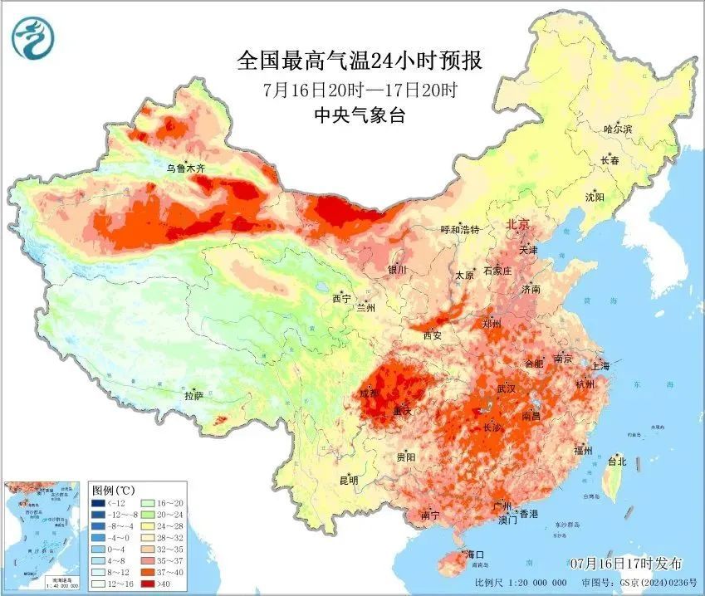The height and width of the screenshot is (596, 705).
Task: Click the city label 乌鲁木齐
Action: tap(185, 169)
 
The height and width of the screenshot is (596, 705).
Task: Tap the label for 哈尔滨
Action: tap(618, 129)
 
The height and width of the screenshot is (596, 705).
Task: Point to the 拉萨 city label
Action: tap(193, 397)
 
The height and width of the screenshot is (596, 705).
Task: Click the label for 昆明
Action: tap(349, 481)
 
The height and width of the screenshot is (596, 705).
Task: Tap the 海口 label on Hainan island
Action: tap(475, 554)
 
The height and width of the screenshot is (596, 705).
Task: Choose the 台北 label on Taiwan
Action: tap(616, 462)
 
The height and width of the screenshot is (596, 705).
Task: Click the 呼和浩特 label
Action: tap(460, 230)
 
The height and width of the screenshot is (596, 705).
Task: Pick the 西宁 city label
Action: tap(341, 299)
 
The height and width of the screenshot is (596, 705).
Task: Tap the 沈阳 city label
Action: tap(595, 198)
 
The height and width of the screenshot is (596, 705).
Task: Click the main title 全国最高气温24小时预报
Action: tap(360, 61)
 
